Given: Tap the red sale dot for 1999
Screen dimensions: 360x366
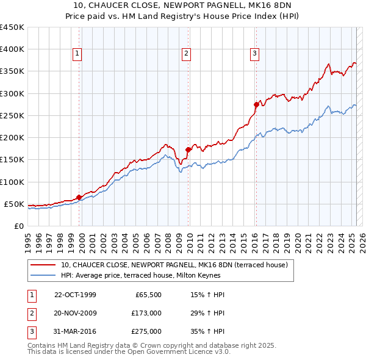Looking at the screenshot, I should [79, 197].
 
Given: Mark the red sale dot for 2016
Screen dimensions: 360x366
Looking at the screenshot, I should [256, 105].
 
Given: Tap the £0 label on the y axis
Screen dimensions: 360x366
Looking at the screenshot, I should [18, 226].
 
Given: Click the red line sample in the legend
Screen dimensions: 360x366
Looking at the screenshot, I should [43, 265].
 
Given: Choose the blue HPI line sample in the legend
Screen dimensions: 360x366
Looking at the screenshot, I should [43, 275].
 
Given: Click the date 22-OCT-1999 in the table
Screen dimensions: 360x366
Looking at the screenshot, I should [75, 295].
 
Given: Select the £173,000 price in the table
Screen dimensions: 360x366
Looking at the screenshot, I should [146, 313].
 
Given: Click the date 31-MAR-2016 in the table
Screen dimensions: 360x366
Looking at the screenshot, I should [75, 332].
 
